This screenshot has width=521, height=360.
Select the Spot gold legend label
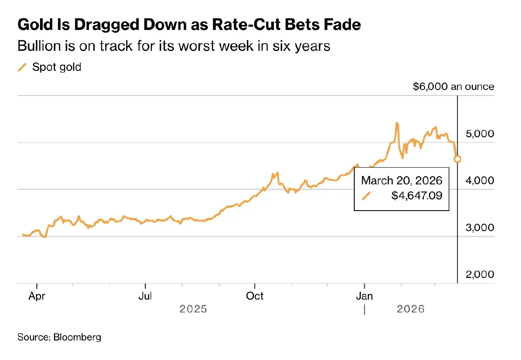pos(57,67)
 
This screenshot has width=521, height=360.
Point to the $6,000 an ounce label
pos(453,86)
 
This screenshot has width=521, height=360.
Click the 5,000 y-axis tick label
pos(479,134)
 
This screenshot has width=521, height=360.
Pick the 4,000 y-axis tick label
pos(479,180)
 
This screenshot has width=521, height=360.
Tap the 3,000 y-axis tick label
pos(479,228)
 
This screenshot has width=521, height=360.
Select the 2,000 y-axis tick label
pos(479,274)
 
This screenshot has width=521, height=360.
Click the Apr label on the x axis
pos(37,297)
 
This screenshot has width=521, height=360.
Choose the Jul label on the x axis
pos(145,297)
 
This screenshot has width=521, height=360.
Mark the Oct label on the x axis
pos(255,297)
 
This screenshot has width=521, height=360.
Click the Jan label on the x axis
pos(365,297)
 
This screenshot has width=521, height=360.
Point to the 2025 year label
pos(194,310)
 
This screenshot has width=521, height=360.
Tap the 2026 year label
pos(411,310)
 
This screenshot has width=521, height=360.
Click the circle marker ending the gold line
pos(457,159)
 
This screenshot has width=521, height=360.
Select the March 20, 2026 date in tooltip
pos(402,181)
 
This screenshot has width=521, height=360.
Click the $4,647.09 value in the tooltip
pos(417,196)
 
